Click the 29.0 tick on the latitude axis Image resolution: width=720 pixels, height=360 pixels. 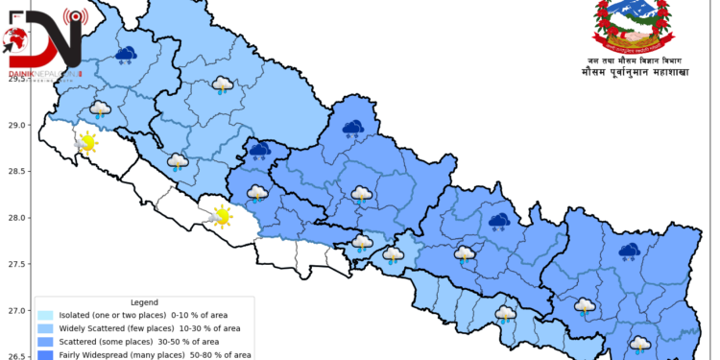(16, 125)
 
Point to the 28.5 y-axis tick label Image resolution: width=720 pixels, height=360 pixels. (16, 171)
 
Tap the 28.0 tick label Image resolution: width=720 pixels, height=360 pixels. (16, 218)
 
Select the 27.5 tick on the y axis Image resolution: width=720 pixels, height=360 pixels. (16, 264)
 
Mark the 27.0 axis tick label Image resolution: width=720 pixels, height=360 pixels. (16, 311)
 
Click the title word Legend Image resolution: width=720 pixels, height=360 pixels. (144, 301)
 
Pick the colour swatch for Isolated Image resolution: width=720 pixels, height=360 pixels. (45, 315)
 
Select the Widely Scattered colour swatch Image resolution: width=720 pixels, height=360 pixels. (45, 328)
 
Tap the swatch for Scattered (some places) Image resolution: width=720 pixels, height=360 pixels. (45, 342)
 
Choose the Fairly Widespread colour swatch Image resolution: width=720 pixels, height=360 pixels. (45, 354)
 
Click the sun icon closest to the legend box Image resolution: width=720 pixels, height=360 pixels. (222, 215)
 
